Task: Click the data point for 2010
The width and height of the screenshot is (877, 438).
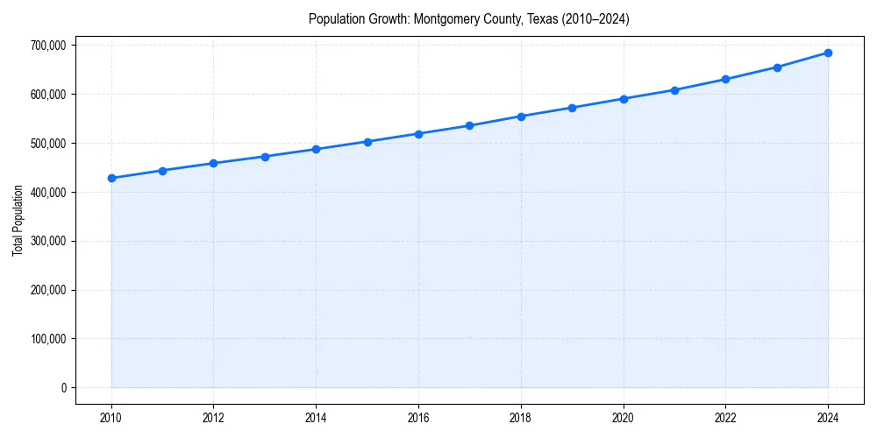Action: (111, 178)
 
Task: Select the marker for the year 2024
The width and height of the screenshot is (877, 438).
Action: (828, 53)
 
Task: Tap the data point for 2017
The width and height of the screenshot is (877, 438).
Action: (470, 125)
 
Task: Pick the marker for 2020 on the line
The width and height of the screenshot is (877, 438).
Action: (624, 99)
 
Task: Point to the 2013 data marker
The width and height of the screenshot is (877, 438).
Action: (265, 157)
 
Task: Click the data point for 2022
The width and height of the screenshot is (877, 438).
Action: (725, 79)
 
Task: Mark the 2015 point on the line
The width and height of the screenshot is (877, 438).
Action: (367, 142)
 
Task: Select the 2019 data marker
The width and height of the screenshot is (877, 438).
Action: (572, 108)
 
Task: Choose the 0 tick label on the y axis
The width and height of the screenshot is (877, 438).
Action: (62, 388)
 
